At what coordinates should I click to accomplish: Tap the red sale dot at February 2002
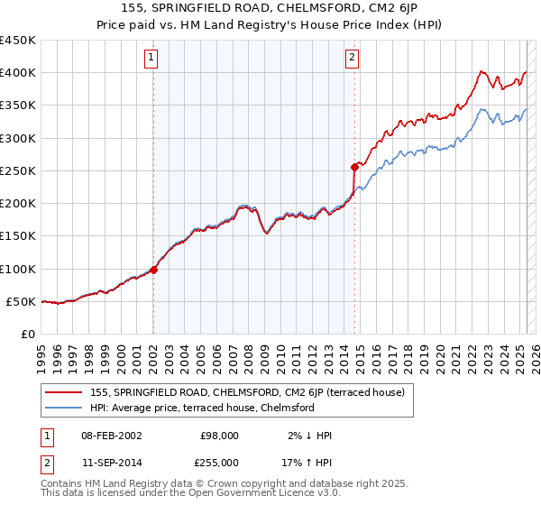(x=153, y=269)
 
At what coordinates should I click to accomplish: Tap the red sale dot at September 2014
(x=354, y=167)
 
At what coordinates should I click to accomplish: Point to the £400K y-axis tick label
(x=18, y=73)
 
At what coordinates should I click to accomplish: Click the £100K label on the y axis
(x=18, y=269)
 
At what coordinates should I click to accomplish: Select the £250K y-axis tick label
(x=18, y=170)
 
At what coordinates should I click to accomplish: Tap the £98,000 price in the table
(x=218, y=436)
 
